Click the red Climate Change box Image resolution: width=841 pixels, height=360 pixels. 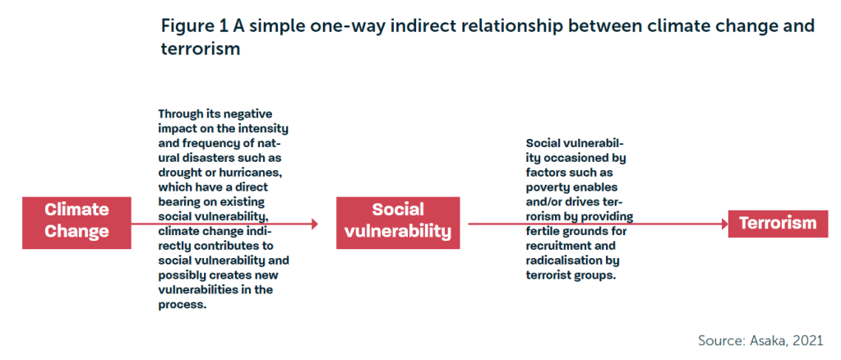pos(76,223)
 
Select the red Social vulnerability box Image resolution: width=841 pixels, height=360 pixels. pos(398,223)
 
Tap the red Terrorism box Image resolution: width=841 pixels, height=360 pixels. pos(779,224)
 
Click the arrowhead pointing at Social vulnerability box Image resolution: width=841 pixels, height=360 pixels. pos(314,224)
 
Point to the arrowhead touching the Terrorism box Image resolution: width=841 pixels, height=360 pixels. pos(723,224)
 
